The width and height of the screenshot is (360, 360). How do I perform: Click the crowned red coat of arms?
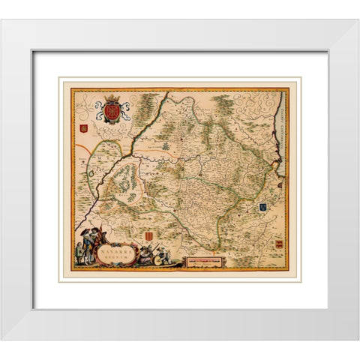(112, 110)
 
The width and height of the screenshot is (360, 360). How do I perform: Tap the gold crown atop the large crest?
(112, 98)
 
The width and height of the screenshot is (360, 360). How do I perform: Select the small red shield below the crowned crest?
(84, 129)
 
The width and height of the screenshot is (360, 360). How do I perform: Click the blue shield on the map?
(264, 206)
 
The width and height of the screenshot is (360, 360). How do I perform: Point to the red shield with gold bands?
(279, 245)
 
